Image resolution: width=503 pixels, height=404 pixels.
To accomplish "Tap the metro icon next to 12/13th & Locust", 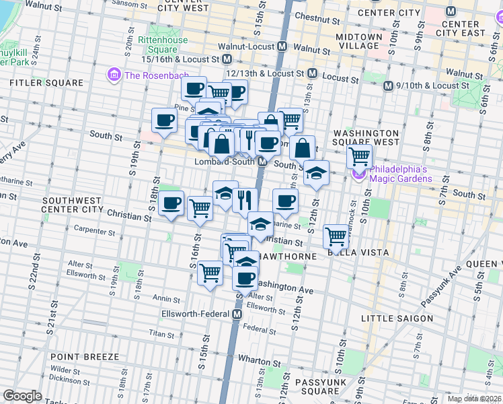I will (x=313, y=73).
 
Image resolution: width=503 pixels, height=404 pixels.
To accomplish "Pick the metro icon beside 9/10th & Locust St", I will (x=388, y=86).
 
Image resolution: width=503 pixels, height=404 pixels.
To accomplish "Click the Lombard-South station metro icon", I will (x=266, y=162).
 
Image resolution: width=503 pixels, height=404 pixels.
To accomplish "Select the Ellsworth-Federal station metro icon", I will (x=237, y=314).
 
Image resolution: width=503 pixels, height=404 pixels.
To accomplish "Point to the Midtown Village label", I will (x=356, y=40).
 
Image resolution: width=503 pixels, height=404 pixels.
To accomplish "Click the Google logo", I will (x=22, y=395).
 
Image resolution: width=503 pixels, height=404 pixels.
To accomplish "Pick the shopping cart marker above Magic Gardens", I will (x=360, y=156).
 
